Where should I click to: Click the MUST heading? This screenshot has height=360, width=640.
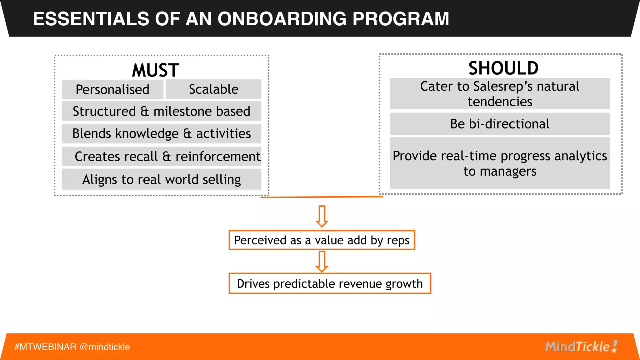pyautogui.click(x=156, y=70)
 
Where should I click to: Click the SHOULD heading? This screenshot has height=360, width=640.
pyautogui.click(x=503, y=68)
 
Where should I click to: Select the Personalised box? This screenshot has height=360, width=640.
pyautogui.click(x=112, y=90)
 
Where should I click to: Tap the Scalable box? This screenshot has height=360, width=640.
pyautogui.click(x=213, y=89)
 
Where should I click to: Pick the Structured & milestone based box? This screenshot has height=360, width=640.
pyautogui.click(x=161, y=111)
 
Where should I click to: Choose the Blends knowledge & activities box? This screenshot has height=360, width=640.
pyautogui.click(x=161, y=133)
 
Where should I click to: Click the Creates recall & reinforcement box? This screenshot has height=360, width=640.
pyautogui.click(x=161, y=156)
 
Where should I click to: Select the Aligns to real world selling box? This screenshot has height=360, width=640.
pyautogui.click(x=161, y=179)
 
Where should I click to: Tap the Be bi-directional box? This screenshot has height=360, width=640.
pyautogui.click(x=500, y=124)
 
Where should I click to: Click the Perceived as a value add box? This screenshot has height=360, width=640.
pyautogui.click(x=322, y=240)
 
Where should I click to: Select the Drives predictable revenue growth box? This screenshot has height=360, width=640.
pyautogui.click(x=330, y=283)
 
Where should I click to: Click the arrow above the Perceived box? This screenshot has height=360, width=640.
pyautogui.click(x=322, y=216)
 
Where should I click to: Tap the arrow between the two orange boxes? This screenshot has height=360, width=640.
pyautogui.click(x=322, y=262)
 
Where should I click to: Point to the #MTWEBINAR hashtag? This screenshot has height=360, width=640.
pyautogui.click(x=45, y=347)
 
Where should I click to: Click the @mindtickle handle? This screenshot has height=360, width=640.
pyautogui.click(x=105, y=347)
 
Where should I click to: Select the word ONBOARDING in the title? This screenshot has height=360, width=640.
pyautogui.click(x=282, y=19)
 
